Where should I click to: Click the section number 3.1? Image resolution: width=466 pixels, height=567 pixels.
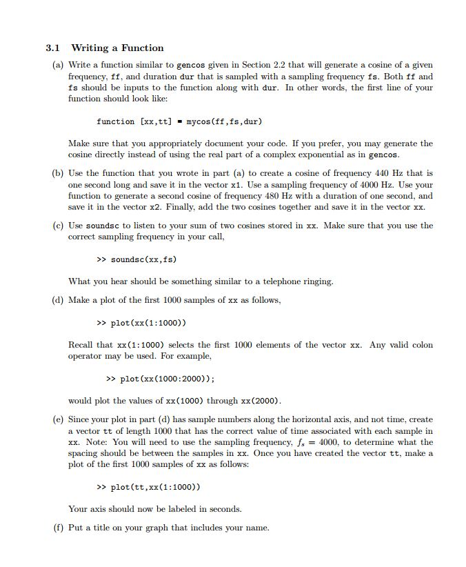[x=53, y=48]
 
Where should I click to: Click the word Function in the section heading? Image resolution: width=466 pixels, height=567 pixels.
[x=143, y=48]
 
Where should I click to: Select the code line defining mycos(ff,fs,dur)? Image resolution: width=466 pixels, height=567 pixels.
[x=179, y=121]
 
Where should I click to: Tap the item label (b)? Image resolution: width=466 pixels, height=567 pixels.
[x=59, y=173]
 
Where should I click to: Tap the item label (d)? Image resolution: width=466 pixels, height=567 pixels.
[x=59, y=300]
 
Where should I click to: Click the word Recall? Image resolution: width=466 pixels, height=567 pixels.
[x=82, y=345]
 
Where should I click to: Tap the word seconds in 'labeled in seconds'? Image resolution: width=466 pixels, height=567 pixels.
[x=224, y=509]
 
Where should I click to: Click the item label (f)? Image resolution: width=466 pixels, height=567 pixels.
[x=58, y=528]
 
